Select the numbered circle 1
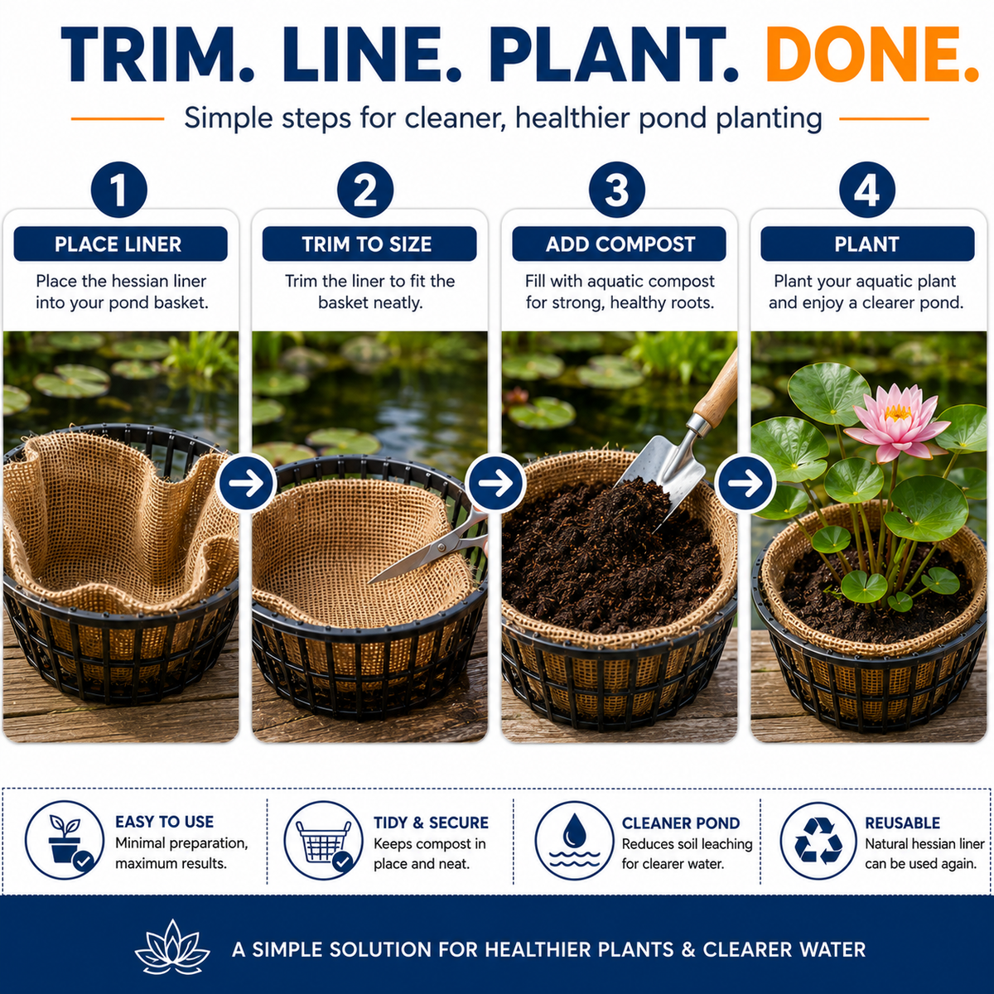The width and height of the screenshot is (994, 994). [x=119, y=190]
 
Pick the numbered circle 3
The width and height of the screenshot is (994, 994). [x=617, y=190]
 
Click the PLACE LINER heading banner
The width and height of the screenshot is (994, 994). [x=120, y=244]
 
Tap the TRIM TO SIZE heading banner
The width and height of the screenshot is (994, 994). [x=369, y=244]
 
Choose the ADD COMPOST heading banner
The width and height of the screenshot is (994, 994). [x=619, y=244]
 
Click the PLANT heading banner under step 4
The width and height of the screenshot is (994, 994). [x=867, y=244]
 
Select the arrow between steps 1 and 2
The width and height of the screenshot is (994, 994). [x=246, y=483]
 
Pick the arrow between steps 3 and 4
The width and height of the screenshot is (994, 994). [x=745, y=483]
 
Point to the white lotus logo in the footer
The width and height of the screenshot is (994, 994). [x=171, y=948]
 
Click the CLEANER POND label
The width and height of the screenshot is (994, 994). [x=680, y=823]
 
